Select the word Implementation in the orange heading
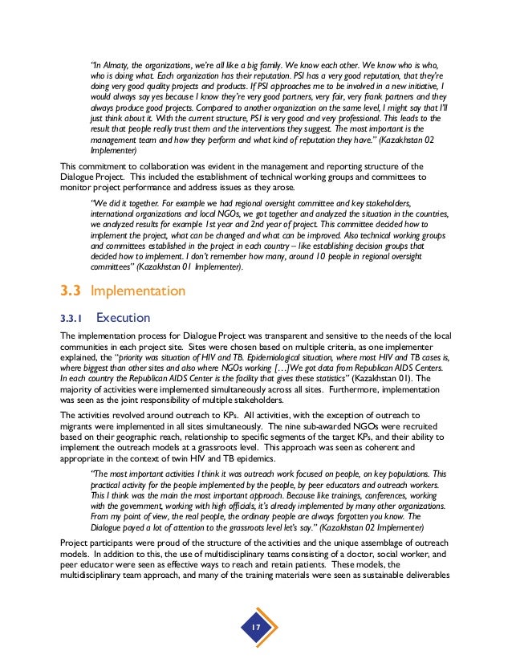tap(139, 290)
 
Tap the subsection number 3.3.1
tap(71, 316)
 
